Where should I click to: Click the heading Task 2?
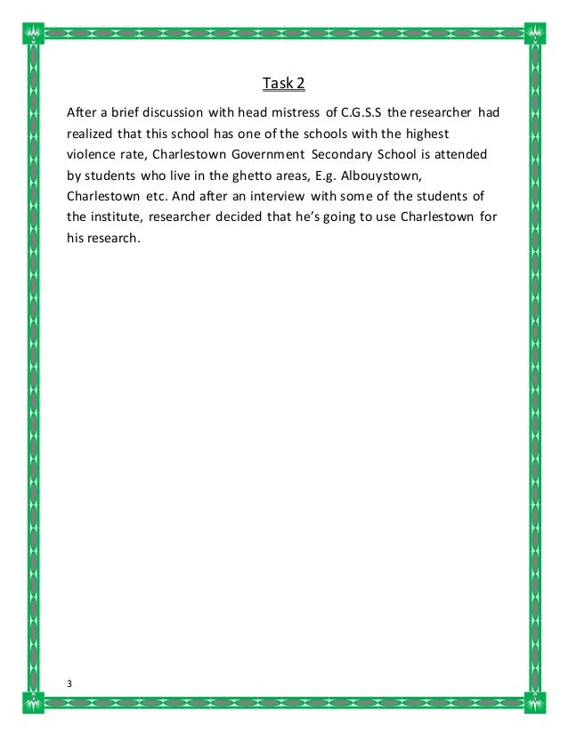click(x=284, y=85)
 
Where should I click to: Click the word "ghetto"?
click(x=250, y=175)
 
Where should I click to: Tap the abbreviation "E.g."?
click(x=324, y=175)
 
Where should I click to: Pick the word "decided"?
click(x=257, y=216)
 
